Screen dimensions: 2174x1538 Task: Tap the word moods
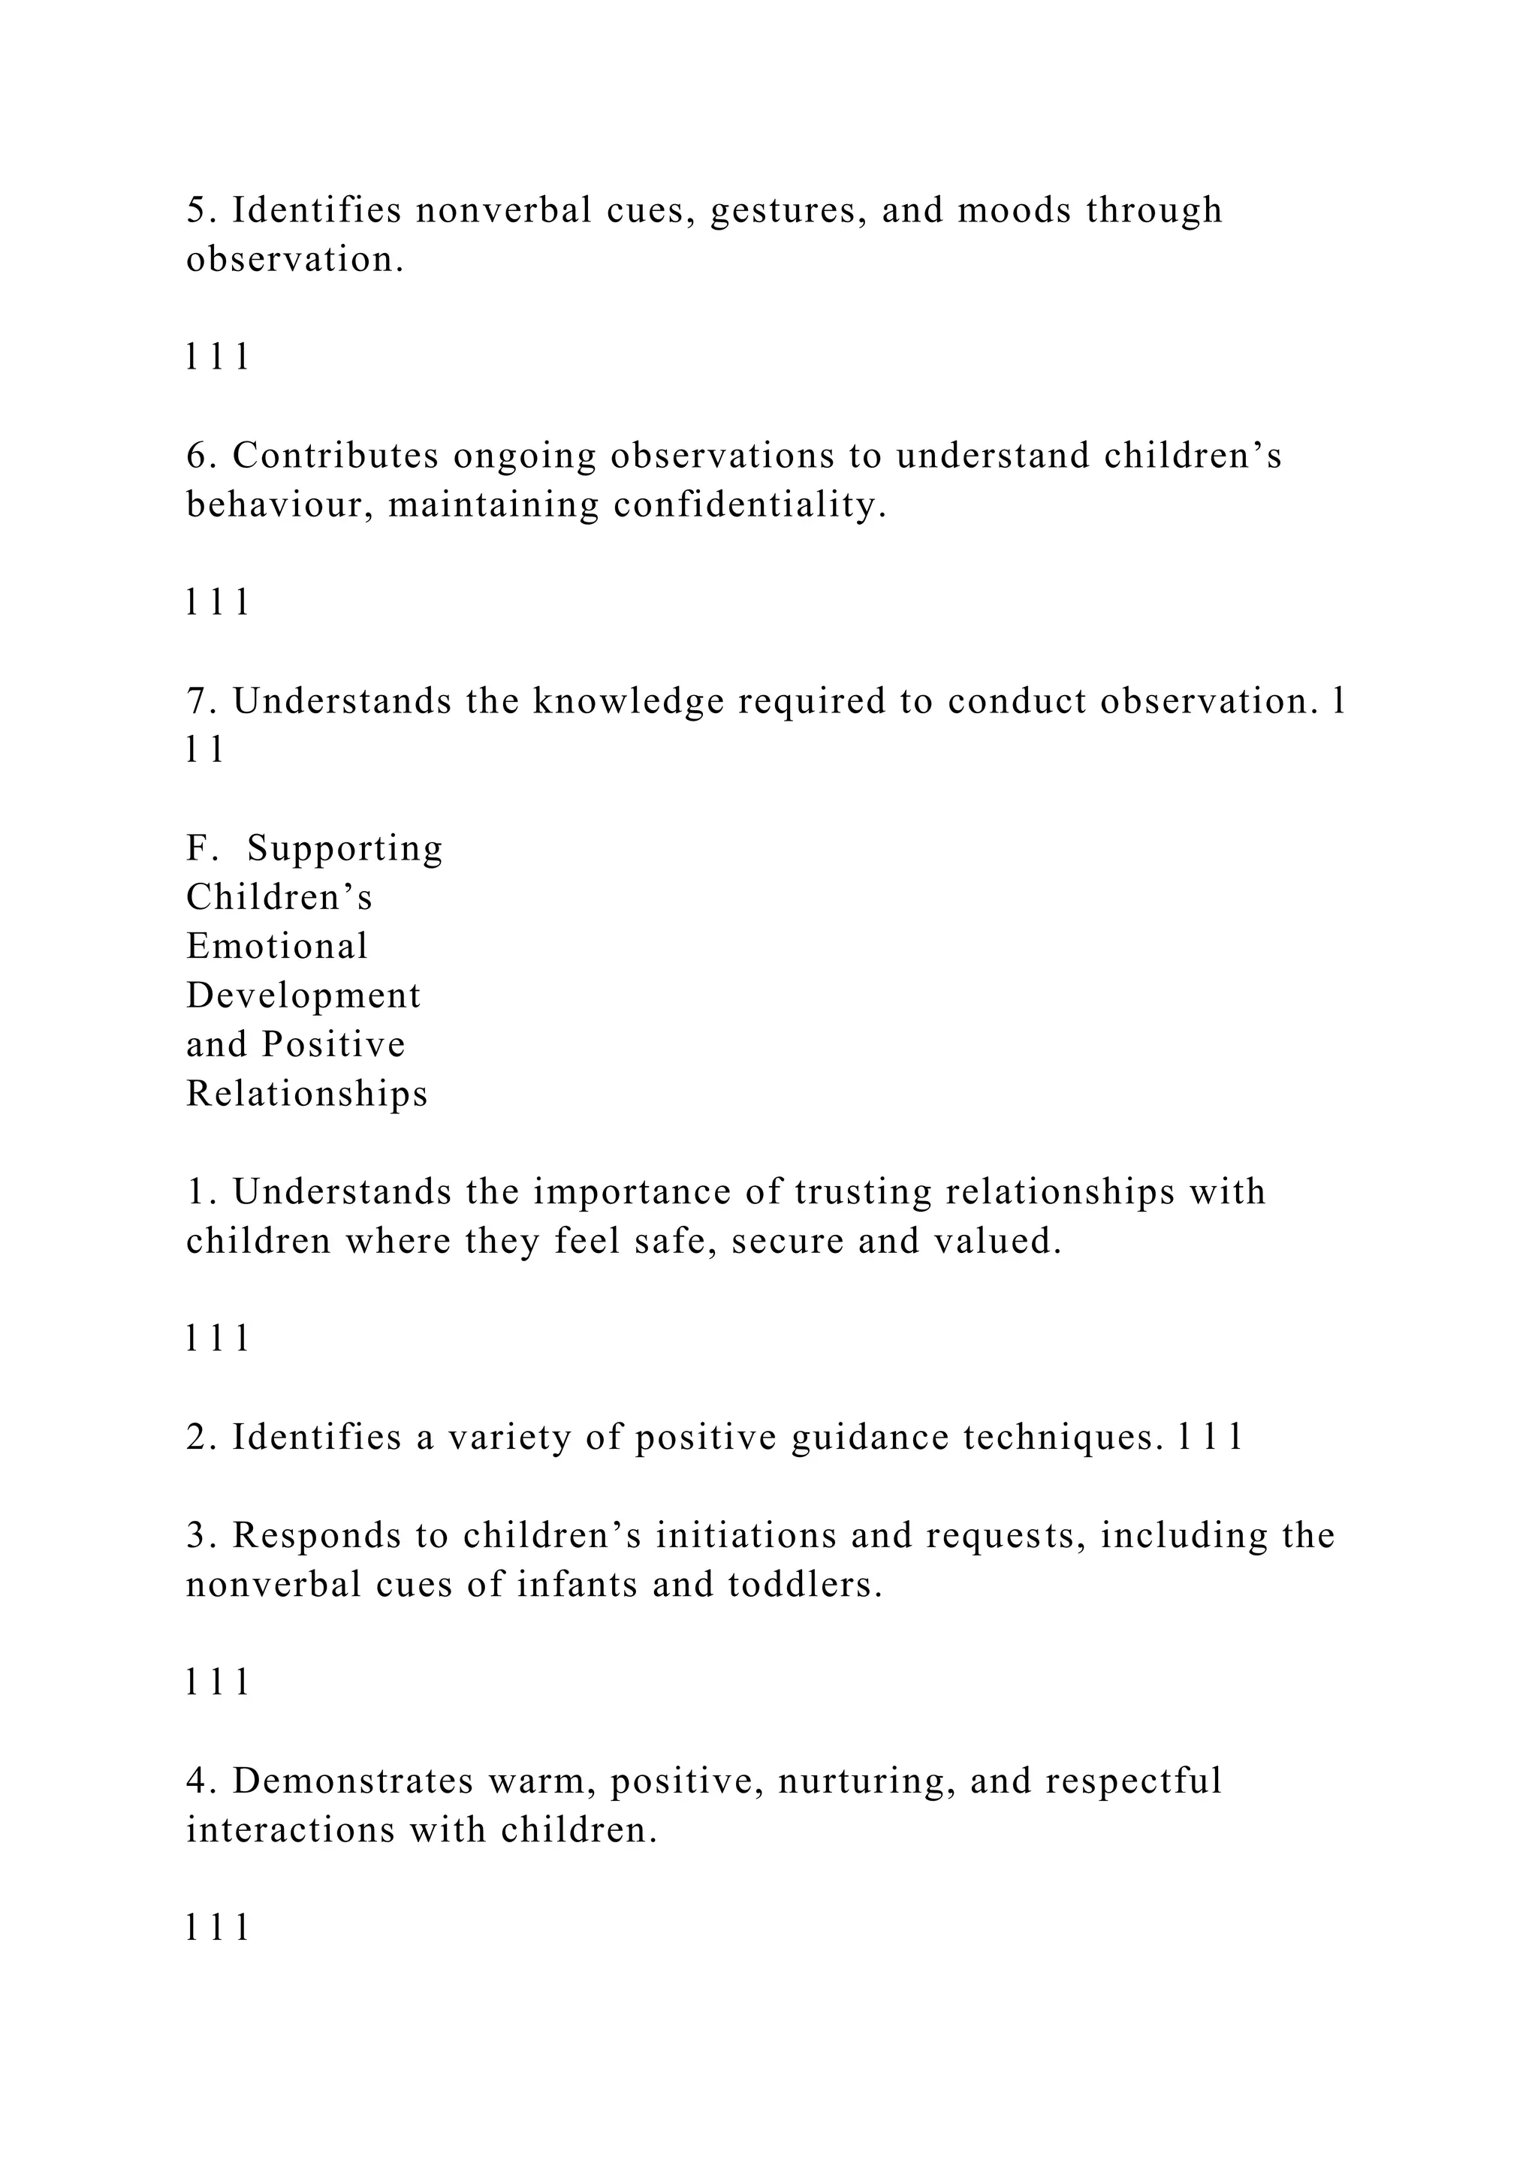pos(1015,209)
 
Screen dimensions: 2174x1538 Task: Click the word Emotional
pos(276,946)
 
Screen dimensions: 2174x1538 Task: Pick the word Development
pos(303,996)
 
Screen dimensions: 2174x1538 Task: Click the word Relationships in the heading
pos(307,1094)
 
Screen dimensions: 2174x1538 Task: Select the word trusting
pos(863,1193)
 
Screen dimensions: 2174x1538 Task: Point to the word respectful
pos(1134,1782)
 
